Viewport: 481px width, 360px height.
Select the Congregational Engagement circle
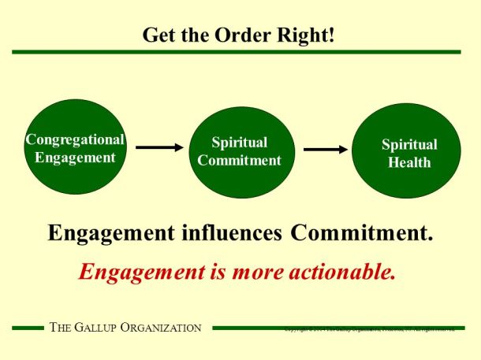[x=76, y=147]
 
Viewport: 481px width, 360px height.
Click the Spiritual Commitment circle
[x=239, y=152]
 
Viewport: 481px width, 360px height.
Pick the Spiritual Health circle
[x=408, y=152]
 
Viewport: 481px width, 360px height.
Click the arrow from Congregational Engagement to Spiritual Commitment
[x=160, y=147]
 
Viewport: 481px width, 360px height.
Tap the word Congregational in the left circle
[x=76, y=139]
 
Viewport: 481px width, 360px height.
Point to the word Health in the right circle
[x=409, y=162]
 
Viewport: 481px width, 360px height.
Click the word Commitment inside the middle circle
[x=239, y=161]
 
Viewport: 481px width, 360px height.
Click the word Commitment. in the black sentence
[x=362, y=233]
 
